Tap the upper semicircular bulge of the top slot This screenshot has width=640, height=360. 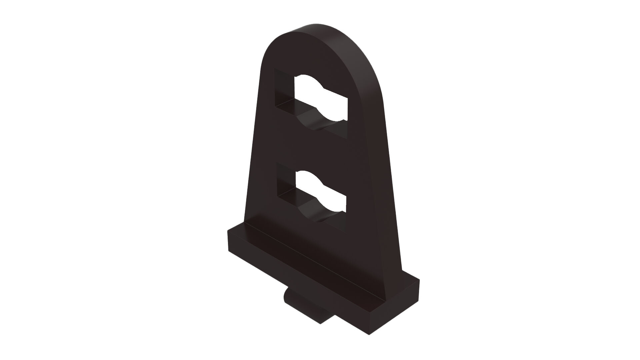point(308,78)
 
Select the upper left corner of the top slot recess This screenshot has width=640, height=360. point(274,69)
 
